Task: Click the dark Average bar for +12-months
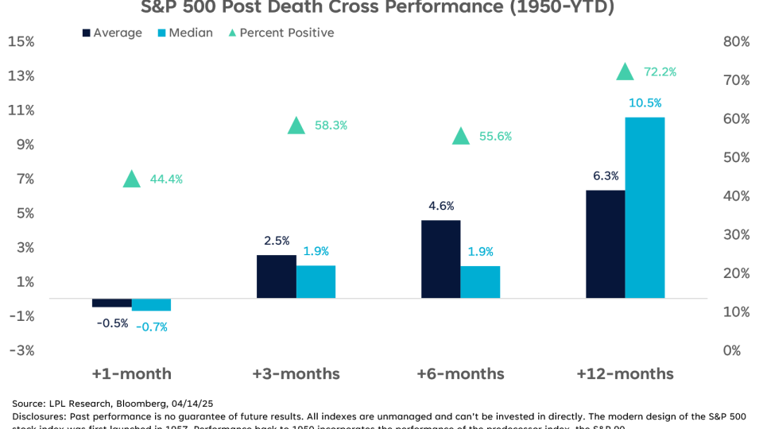[606, 244]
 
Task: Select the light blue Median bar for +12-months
[645, 207]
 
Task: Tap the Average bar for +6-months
[441, 259]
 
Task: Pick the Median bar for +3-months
[316, 281]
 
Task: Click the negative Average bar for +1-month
[111, 303]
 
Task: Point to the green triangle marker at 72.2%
[626, 71]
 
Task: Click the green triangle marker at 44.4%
[132, 179]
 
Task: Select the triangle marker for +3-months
[296, 126]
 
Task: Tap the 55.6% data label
[495, 136]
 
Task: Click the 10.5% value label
[645, 103]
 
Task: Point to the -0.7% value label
[151, 326]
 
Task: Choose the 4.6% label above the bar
[441, 206]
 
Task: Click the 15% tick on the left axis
[21, 41]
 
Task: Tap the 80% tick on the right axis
[735, 41]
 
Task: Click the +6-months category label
[461, 373]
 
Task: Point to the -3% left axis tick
[21, 350]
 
